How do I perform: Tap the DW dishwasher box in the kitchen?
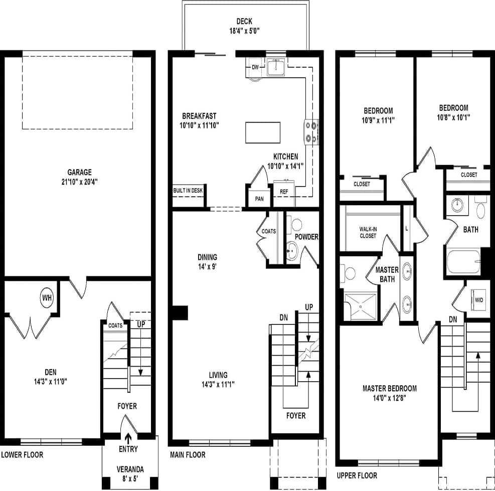[255, 67]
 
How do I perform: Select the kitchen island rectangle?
[262, 132]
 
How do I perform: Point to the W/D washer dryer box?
[479, 300]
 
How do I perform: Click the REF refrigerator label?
[284, 192]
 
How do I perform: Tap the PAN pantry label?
[259, 199]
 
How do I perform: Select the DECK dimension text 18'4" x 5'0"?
[244, 31]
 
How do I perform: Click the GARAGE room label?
[80, 172]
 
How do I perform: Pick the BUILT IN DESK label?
[188, 191]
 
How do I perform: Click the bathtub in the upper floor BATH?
[463, 261]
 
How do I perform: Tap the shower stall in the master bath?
[360, 306]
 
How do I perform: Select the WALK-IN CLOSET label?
[368, 232]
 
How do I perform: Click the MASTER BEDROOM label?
[389, 388]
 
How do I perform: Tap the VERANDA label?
[130, 469]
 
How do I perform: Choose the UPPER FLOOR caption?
[357, 475]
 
